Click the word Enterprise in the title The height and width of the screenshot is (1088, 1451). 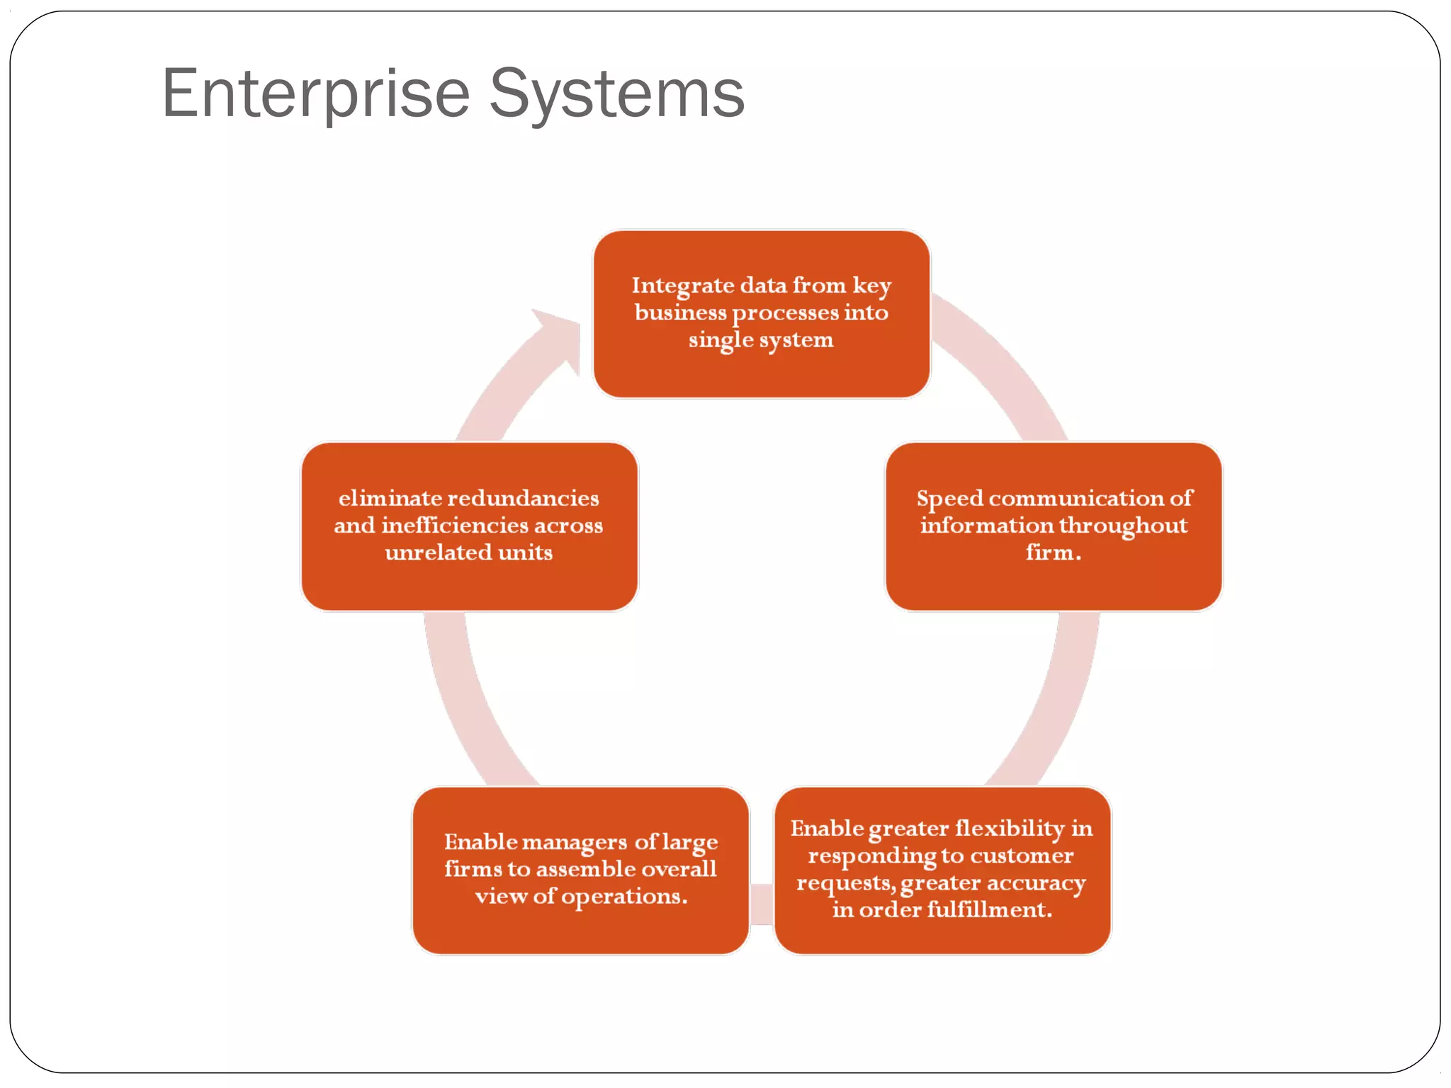315,94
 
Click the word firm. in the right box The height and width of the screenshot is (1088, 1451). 1054,552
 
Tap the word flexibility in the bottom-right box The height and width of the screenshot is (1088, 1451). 1010,828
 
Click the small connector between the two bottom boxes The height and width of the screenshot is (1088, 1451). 762,905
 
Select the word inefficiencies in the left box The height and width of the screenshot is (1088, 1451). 454,526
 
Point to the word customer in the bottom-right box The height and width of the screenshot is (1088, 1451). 1021,856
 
